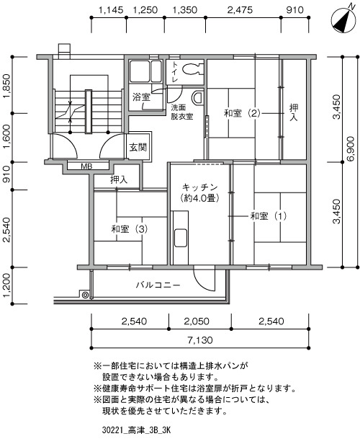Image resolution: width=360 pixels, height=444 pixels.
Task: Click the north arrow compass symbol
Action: point(343,20)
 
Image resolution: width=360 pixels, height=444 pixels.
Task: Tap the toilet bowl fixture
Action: point(192,69)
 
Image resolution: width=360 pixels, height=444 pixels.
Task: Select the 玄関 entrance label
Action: point(138,147)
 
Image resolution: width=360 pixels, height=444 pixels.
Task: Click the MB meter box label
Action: point(86,166)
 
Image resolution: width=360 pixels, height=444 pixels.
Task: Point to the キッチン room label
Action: point(199,187)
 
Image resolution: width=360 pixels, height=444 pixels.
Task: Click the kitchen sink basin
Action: point(181,237)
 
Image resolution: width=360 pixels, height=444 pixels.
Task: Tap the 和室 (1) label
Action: point(269,216)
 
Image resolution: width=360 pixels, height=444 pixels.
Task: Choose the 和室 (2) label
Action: point(242,113)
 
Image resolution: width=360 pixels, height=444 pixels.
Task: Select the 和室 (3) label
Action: point(130,228)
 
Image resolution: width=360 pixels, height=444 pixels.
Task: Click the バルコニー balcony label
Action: point(158,285)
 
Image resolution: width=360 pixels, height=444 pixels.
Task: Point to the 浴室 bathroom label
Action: point(141,97)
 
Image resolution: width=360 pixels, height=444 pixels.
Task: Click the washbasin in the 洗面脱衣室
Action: point(198,98)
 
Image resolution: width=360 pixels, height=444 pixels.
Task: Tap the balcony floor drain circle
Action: point(84,295)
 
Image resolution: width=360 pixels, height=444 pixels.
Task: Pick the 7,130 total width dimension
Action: point(199,339)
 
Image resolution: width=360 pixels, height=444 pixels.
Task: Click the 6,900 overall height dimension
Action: point(351,148)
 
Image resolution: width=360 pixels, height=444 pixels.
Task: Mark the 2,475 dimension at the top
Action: point(240,10)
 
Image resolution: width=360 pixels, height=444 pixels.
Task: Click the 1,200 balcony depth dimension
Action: point(6,285)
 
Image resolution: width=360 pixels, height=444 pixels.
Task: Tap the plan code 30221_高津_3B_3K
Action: point(136,431)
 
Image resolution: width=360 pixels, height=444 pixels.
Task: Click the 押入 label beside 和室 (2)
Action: point(294,112)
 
